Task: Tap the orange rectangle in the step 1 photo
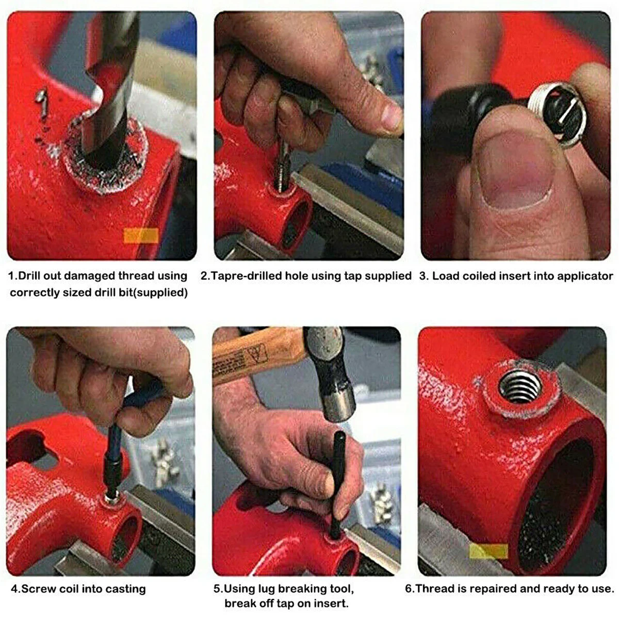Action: (x=141, y=235)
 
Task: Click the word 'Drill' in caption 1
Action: (x=30, y=276)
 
